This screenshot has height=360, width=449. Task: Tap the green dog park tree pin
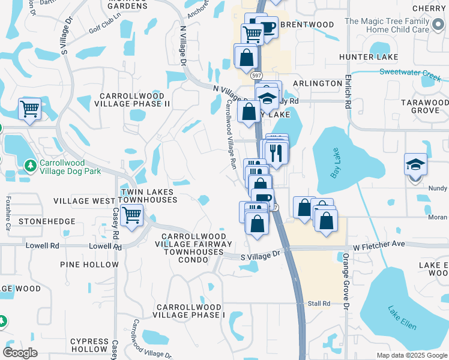[x=29, y=164]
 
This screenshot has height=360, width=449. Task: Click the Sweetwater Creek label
[x=410, y=72]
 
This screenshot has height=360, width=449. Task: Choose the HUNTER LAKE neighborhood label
[x=360, y=57]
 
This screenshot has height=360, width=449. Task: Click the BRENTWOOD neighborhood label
[x=307, y=25]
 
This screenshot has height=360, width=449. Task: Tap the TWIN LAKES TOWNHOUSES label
[x=148, y=196]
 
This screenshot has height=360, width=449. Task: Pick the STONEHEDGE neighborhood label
[x=47, y=221]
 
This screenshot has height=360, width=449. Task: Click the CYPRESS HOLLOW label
[x=89, y=345]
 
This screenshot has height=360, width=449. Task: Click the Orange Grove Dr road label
[x=347, y=281]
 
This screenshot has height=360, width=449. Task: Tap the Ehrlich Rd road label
[x=348, y=92]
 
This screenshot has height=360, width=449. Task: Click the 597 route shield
[x=257, y=76]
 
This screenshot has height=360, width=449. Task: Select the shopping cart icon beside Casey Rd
[x=131, y=214]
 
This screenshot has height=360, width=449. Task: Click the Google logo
[x=20, y=353]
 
